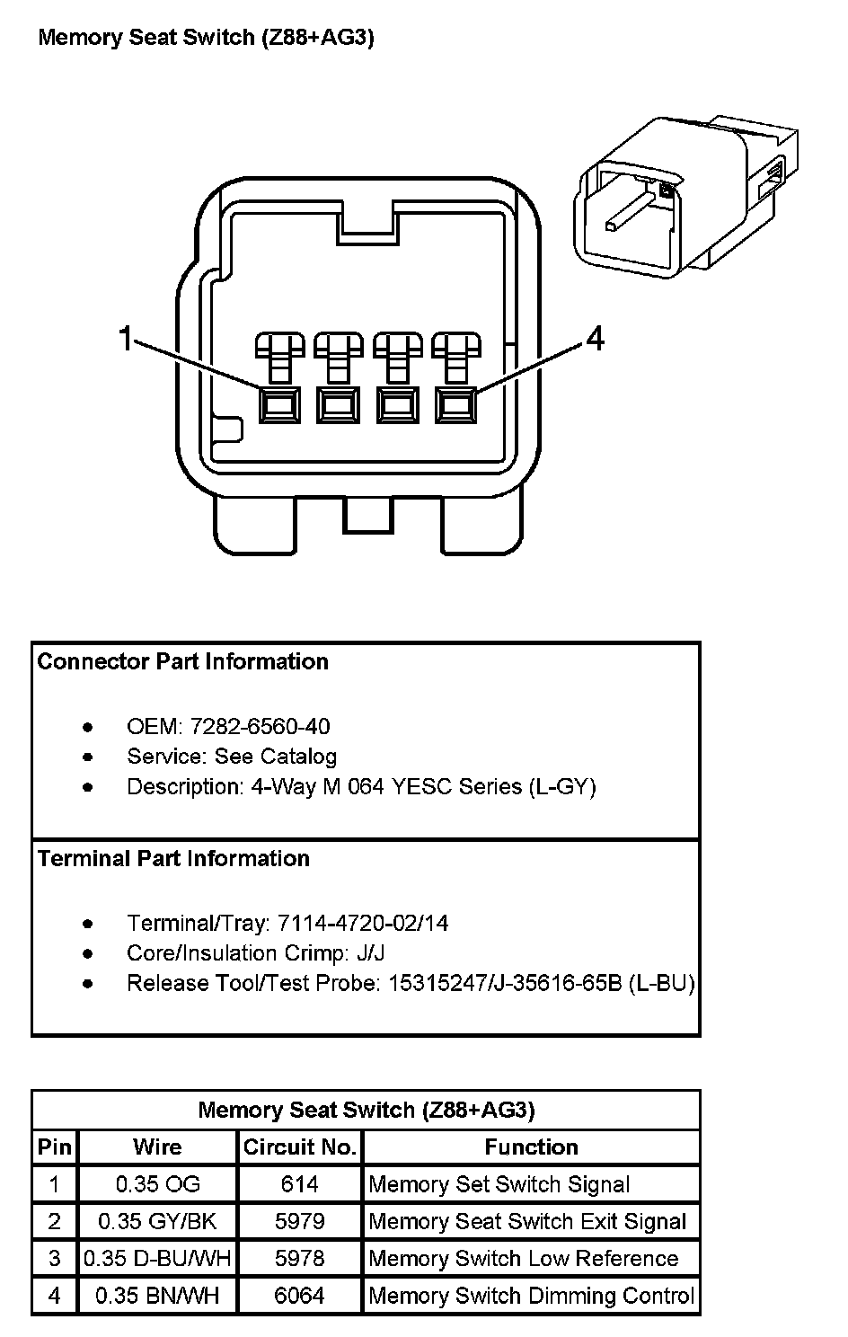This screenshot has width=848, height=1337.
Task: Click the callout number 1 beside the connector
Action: pos(126,339)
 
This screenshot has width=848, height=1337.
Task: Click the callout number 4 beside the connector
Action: pos(595,339)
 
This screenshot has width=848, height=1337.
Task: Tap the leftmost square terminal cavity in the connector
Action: pos(279,405)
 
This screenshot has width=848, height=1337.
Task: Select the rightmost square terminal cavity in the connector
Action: pos(455,405)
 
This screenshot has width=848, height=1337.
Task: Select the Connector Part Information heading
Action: pos(183,662)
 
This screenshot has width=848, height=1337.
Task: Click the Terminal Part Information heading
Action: pos(173,859)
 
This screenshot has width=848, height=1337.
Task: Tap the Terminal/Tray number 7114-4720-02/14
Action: pos(363,923)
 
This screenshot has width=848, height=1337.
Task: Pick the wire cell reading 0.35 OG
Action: pos(158,1184)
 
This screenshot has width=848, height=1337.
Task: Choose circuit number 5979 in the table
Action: pos(300,1221)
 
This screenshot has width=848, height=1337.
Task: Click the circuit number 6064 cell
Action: pos(300,1296)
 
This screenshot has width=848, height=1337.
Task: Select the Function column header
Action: pos(531,1147)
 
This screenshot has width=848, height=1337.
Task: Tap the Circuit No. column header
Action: pos(300,1147)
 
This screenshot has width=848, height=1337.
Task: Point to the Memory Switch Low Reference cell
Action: pos(523,1259)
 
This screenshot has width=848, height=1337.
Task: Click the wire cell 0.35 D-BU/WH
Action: pos(158,1259)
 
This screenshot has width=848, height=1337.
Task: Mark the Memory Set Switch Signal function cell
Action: pos(499,1184)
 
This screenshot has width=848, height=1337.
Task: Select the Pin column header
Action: pos(55,1147)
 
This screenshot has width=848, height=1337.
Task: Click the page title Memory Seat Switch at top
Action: pos(206,38)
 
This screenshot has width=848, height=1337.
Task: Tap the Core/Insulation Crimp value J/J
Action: pos(369,952)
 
